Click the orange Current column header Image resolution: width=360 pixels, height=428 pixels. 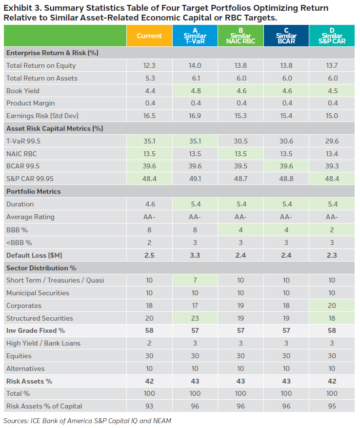pyautogui.click(x=149, y=36)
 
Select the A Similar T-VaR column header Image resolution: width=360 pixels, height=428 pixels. pyautogui.click(x=195, y=36)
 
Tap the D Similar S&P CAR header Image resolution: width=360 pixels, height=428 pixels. pyautogui.click(x=332, y=36)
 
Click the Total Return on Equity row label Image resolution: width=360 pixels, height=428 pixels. pyautogui.click(x=41, y=65)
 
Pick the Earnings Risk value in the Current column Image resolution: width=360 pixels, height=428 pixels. pyautogui.click(x=149, y=116)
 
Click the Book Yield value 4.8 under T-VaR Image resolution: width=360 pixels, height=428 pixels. pyautogui.click(x=195, y=91)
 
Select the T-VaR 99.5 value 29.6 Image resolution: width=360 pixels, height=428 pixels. pyautogui.click(x=332, y=141)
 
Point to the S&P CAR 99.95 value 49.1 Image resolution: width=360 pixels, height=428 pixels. pyautogui.click(x=195, y=179)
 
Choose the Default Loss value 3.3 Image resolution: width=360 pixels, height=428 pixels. pyautogui.click(x=195, y=255)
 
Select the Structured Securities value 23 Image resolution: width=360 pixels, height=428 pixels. pyautogui.click(x=195, y=318)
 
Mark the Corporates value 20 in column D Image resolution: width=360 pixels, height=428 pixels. pyautogui.click(x=332, y=306)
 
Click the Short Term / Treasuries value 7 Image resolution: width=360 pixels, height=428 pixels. pyautogui.click(x=195, y=280)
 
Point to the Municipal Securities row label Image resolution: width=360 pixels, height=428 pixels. pyautogui.click(x=38, y=293)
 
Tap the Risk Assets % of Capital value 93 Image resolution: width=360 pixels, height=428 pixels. pyautogui.click(x=149, y=406)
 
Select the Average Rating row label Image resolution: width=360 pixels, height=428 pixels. pyautogui.click(x=30, y=217)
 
